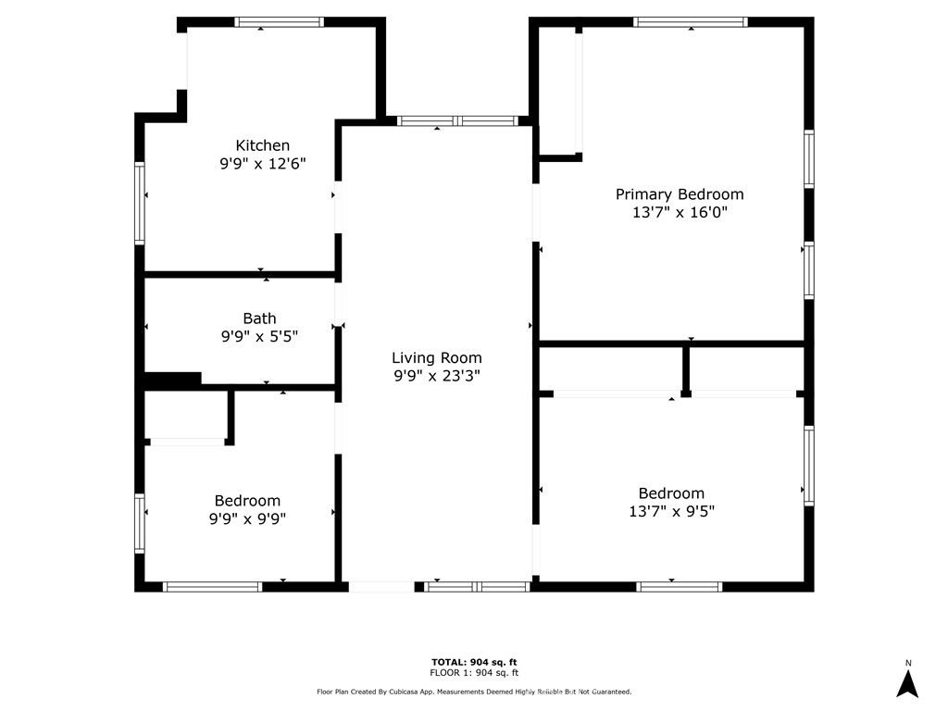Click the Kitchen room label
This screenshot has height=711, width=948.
[x=263, y=145]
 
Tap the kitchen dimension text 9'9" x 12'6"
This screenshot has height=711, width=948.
[x=263, y=164]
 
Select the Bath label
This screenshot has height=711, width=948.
[x=259, y=318]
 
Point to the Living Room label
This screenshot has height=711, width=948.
[x=437, y=357]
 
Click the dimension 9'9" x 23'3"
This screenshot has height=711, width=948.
[x=437, y=376]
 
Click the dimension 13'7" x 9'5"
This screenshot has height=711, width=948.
[x=671, y=511]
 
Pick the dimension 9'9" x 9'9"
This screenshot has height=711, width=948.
[x=247, y=519]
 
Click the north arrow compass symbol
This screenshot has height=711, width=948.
[x=908, y=683]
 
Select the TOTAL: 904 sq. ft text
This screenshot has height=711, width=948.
[x=474, y=661]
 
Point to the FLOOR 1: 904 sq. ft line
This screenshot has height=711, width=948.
[x=474, y=673]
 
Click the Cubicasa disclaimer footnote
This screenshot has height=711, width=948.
[x=474, y=692]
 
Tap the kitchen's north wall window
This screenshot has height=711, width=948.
[x=279, y=22]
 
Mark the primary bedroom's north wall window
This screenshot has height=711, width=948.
[x=691, y=22]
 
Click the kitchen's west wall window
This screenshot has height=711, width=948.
[x=141, y=204]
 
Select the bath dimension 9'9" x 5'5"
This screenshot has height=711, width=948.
[x=259, y=337]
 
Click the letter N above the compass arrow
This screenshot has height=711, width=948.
[x=908, y=663]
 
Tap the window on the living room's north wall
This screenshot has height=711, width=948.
[x=457, y=121]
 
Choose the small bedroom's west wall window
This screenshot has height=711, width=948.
[x=141, y=523]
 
